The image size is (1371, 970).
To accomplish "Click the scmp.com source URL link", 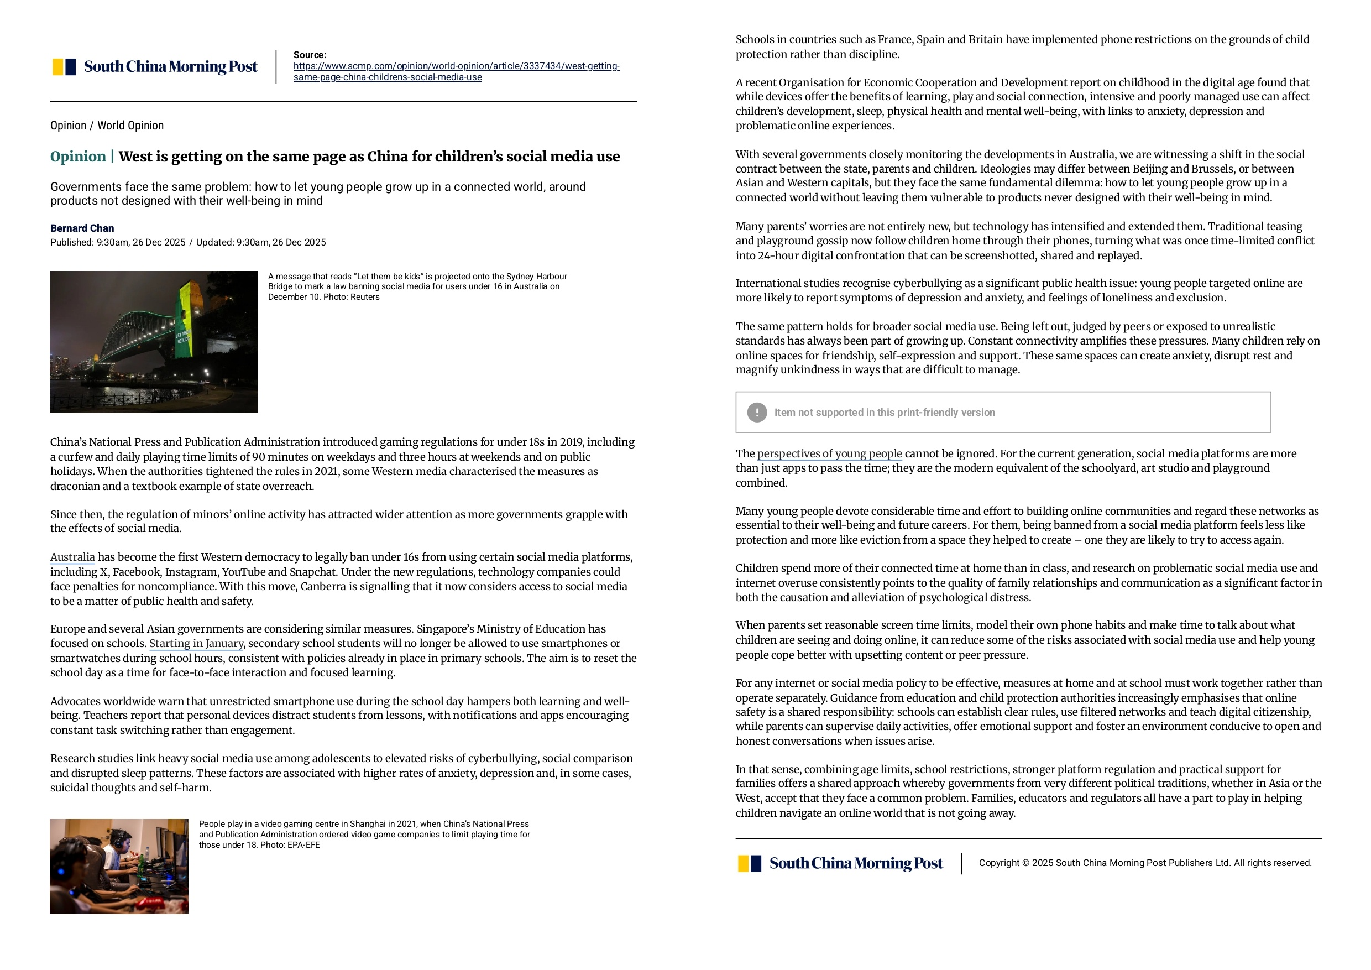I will tap(456, 71).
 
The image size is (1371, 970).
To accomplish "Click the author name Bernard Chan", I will tap(82, 228).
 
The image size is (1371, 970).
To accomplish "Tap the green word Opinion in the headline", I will tap(77, 157).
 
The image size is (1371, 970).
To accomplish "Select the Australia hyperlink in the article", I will tap(72, 557).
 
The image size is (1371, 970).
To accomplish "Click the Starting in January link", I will tap(196, 643).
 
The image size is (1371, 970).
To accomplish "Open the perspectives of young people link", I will tap(829, 454).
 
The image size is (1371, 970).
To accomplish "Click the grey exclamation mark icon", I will tap(757, 412).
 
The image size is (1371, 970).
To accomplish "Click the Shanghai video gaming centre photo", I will tap(119, 866).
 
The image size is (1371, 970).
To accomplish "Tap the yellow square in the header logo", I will tap(58, 67).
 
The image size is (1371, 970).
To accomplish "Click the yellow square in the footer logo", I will tap(744, 864).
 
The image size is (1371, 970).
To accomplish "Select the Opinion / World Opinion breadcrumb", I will tap(107, 126).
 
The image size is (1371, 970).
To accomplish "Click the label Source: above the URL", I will tap(310, 55).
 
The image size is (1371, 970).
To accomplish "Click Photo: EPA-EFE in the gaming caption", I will tap(290, 845).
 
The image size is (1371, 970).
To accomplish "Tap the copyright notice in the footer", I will tap(1145, 863).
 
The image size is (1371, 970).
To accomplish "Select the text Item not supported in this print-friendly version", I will tap(885, 412).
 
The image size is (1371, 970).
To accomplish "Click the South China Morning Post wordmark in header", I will tap(171, 67).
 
